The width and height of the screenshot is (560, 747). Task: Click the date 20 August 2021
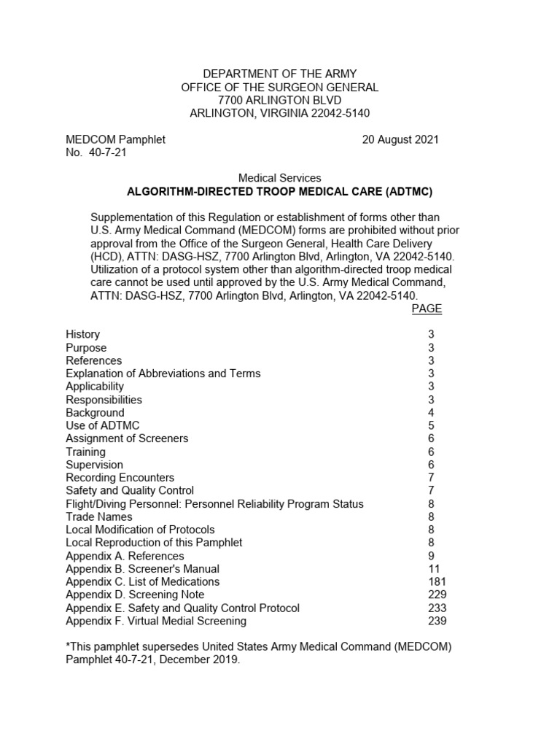tap(400, 139)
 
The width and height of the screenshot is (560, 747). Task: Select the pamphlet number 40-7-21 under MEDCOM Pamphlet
tap(106, 152)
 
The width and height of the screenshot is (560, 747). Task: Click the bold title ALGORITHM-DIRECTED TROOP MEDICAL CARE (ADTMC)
tap(280, 192)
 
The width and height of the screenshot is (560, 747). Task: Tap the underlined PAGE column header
tap(427, 309)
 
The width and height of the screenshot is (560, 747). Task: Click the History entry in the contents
tap(82, 334)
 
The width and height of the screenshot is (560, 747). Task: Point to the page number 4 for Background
tap(431, 413)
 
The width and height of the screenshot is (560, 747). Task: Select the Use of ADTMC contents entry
tap(102, 425)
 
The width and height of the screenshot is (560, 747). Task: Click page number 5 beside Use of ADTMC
tap(431, 425)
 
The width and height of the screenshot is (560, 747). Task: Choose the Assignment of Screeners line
tap(127, 438)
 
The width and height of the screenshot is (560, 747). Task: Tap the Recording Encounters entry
tap(120, 478)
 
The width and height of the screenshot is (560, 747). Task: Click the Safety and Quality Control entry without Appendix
tap(130, 491)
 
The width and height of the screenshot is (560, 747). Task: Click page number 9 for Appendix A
tap(431, 556)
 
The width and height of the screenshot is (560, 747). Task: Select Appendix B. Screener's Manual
tap(142, 569)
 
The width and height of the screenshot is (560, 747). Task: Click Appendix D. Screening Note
tap(135, 595)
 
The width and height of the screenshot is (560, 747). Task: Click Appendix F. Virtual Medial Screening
tap(156, 621)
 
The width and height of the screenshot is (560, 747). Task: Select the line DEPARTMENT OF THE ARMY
tap(280, 74)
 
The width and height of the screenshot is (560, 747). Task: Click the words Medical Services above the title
tap(280, 178)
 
